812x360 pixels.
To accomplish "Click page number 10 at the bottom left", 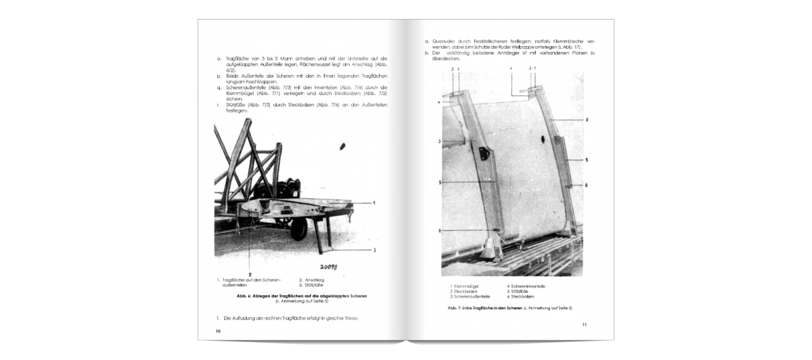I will (x=218, y=331).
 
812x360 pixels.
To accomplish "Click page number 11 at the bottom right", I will (x=584, y=325).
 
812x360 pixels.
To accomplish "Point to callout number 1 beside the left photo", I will (x=374, y=202).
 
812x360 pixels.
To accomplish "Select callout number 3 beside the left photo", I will (x=374, y=250).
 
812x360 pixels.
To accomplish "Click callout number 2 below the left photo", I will (x=250, y=273).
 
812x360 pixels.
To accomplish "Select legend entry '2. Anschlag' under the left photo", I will (x=310, y=279).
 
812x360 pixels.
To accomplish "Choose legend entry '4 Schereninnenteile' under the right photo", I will (x=526, y=286).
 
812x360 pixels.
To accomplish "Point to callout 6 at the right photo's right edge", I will (x=586, y=185).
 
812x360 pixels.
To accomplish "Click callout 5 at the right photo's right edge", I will (x=586, y=160).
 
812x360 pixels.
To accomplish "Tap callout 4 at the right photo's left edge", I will (x=439, y=102).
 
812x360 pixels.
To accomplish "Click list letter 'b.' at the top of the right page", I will (x=426, y=53).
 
